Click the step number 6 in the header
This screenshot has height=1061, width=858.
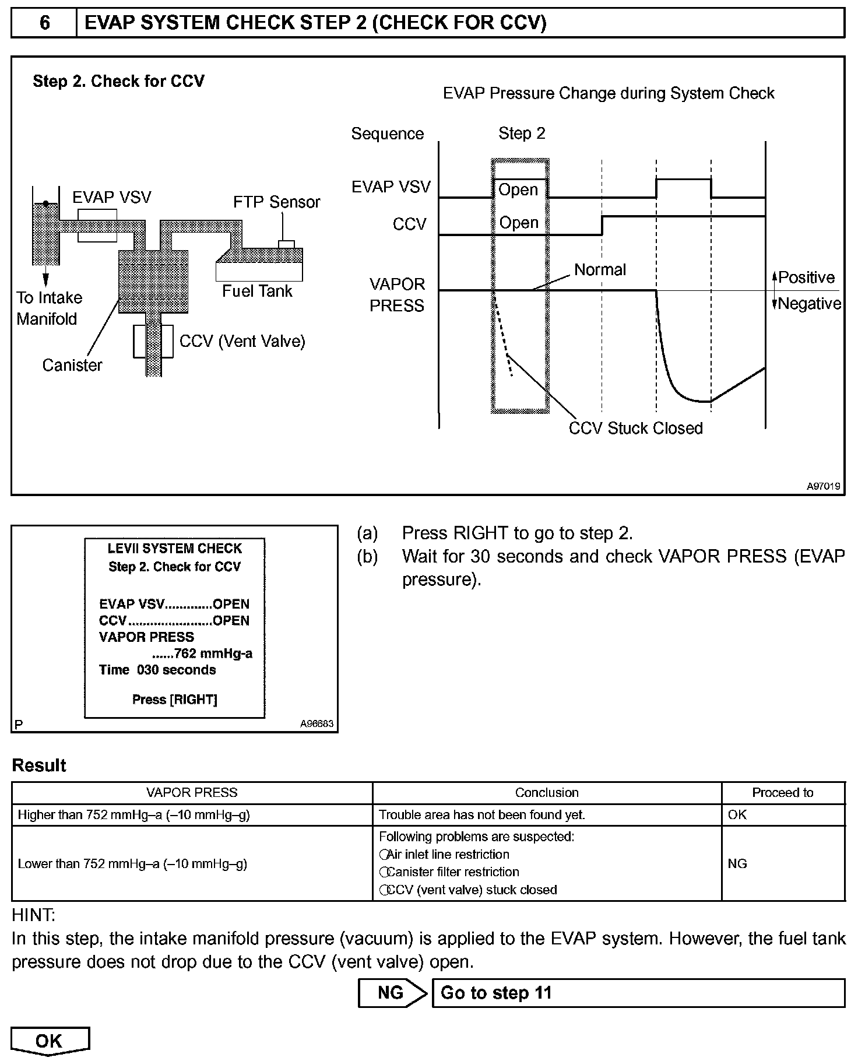coord(44,23)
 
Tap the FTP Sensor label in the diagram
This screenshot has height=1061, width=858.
coord(276,202)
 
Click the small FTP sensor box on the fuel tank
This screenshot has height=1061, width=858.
coord(286,244)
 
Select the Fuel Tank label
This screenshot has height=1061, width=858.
coord(257,291)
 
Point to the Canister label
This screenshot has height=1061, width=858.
coord(72,366)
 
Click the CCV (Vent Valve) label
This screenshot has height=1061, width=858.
coord(242,341)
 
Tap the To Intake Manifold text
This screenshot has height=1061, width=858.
coord(49,308)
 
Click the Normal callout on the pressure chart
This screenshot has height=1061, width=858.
coord(600,270)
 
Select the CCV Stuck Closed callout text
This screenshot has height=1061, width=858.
coord(635,428)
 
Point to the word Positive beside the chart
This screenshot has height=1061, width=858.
coord(806,277)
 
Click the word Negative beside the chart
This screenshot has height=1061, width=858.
coord(809,304)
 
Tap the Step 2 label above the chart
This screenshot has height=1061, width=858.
coord(522,133)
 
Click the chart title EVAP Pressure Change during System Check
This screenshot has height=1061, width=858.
coord(609,94)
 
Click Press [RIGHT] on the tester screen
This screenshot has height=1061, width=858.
coord(175,700)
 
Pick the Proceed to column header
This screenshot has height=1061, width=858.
coord(782,793)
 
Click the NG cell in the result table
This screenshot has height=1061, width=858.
coord(737,863)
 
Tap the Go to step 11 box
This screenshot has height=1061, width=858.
coord(638,993)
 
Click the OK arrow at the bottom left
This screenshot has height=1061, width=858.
coord(50,1041)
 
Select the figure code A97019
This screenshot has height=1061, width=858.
coord(823,486)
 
